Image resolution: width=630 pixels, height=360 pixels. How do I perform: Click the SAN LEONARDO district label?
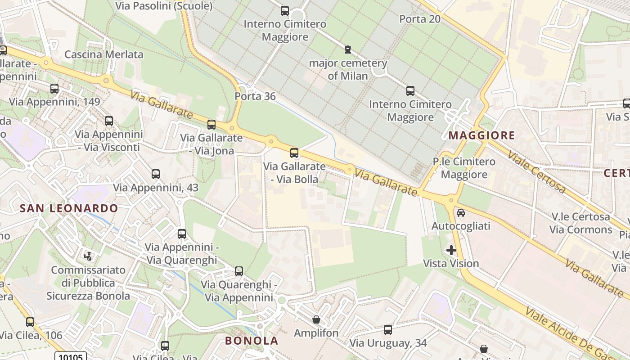point(69,208)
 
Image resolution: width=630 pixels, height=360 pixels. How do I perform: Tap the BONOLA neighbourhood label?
point(252,341)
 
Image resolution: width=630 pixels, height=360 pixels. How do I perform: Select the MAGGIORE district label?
point(482,135)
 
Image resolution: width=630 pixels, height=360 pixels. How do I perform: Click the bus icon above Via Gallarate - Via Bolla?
point(294,153)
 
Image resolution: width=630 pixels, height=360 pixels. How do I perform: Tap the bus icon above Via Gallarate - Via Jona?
point(211,125)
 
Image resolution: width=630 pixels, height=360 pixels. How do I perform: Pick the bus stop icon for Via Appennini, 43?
point(156,174)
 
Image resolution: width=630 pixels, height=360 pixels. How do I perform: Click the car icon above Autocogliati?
point(461,212)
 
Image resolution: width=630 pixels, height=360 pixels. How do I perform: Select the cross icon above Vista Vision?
point(451,250)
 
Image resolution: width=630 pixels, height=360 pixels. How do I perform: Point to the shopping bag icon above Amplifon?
point(316,320)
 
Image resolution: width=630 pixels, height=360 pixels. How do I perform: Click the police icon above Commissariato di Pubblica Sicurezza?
point(88,256)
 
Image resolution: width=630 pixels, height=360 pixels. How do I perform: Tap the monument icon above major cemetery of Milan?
point(347,49)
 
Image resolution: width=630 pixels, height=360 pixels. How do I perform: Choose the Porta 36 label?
point(255,96)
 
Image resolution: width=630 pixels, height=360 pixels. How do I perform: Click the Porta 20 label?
point(420,19)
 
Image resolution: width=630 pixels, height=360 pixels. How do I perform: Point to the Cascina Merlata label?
point(104,54)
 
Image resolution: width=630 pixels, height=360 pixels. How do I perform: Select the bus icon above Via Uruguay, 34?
point(388,330)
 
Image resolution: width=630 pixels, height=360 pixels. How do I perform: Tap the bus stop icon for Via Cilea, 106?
point(30,322)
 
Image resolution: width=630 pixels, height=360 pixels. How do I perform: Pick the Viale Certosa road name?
point(536,171)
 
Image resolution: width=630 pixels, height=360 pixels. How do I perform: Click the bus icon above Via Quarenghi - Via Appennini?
point(239,271)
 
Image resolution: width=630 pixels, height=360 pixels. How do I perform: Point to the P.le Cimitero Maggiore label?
point(464,168)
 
